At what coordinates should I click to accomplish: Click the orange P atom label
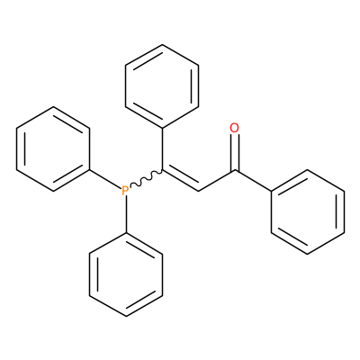click(125, 190)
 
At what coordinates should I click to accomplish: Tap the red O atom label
click(234, 128)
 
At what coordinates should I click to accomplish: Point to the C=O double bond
click(235, 153)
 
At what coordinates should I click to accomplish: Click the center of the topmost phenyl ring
click(162, 86)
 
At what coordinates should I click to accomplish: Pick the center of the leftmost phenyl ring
click(53, 148)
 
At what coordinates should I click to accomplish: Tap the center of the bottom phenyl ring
click(126, 274)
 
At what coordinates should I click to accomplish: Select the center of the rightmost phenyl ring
click(308, 211)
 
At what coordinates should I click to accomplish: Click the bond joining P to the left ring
click(105, 179)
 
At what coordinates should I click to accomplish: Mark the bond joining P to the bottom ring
click(126, 214)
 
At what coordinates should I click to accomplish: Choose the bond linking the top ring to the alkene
click(162, 149)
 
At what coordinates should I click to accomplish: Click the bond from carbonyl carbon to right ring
click(253, 181)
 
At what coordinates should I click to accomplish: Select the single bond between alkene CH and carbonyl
click(217, 181)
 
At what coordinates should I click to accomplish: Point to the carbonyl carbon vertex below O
click(235, 170)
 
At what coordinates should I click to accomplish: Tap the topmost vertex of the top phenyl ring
click(162, 45)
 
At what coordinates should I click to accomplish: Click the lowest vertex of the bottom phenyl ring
click(126, 316)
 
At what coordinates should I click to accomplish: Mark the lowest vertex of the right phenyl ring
click(308, 254)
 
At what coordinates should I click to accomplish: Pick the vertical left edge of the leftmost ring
click(17, 148)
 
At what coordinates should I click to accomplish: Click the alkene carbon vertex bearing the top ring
click(162, 170)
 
